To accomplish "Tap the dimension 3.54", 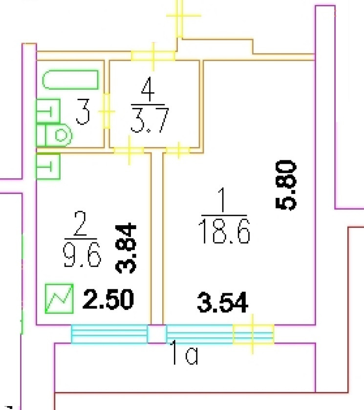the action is click(x=223, y=302).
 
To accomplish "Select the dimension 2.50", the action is click(x=107, y=299).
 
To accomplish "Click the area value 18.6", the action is click(x=224, y=231).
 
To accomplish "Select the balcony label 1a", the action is click(x=184, y=355).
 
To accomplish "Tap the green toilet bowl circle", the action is click(x=61, y=135).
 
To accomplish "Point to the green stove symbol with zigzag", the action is click(x=59, y=298).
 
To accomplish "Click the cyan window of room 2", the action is click(x=109, y=334).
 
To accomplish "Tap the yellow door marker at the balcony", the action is click(x=253, y=334).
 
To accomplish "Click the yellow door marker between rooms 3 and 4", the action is click(x=107, y=111).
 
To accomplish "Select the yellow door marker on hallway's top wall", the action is click(x=153, y=56).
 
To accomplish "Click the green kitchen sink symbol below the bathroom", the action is click(x=47, y=167).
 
